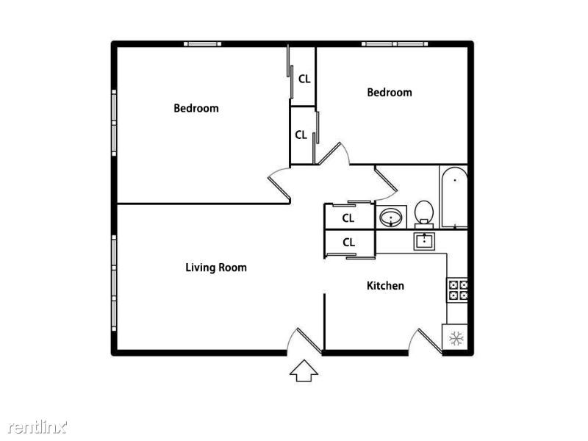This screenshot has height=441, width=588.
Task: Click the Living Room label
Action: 215,268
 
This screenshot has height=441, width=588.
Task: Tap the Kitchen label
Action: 385,285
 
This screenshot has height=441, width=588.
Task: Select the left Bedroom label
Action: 196,108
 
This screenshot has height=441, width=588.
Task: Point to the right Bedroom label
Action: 389,93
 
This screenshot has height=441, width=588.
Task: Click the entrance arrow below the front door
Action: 303,370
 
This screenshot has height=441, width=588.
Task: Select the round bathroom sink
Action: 390,218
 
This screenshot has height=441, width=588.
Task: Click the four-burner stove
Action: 458,290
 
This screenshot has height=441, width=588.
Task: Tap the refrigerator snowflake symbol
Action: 456,338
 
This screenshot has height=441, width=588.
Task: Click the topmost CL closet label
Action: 304,77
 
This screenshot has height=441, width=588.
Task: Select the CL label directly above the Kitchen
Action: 348,242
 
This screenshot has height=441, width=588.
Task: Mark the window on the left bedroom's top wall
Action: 202,44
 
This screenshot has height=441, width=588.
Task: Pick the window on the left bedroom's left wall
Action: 114,121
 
